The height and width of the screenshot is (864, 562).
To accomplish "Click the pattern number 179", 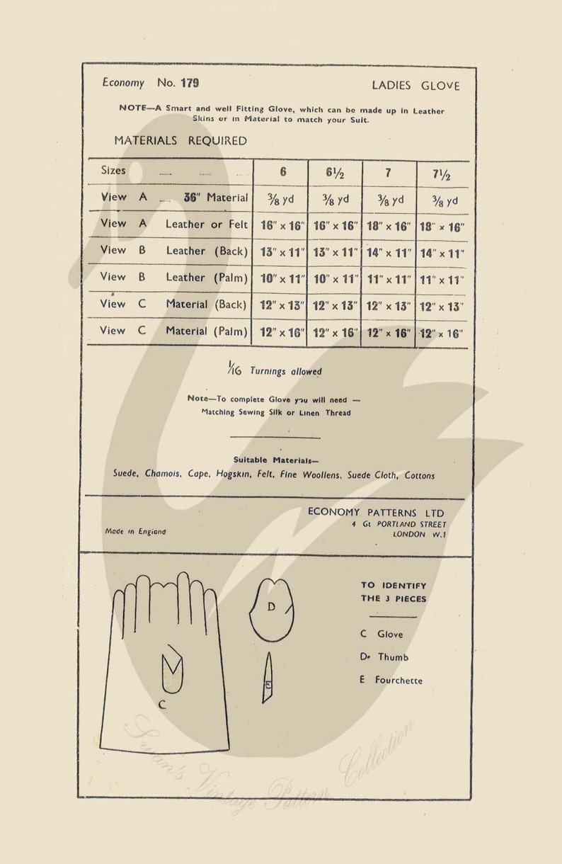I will click(x=189, y=83).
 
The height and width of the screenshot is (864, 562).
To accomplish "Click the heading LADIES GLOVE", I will click(x=415, y=86).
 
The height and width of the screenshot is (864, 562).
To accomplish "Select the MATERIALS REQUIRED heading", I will click(x=180, y=141).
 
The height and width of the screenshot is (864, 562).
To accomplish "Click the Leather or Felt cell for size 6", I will click(x=281, y=226).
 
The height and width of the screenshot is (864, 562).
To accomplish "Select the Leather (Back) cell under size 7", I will click(x=389, y=252).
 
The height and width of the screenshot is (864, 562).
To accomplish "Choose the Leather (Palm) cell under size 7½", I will click(x=443, y=279).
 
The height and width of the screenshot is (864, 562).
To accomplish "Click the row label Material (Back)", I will click(x=206, y=305).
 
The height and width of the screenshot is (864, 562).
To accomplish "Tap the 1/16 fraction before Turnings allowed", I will click(x=234, y=368).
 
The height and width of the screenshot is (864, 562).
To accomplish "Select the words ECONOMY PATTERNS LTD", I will click(x=376, y=512).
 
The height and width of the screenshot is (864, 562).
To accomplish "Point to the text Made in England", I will click(x=135, y=531).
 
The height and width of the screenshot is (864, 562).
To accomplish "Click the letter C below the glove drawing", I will click(x=162, y=704).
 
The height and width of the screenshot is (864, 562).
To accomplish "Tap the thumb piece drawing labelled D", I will click(x=271, y=608).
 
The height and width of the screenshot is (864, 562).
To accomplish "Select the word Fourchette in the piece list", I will click(x=398, y=681).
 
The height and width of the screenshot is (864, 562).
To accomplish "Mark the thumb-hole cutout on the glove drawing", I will click(x=172, y=671).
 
